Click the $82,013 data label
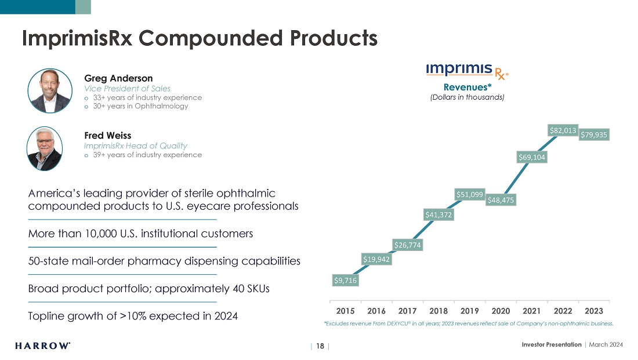click(563, 131)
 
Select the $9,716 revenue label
click(345, 281)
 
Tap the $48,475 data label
click(501, 200)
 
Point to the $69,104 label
click(532, 157)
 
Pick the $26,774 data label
click(408, 245)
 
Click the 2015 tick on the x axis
click(345, 311)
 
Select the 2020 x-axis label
click(501, 311)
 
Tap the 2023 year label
click(594, 311)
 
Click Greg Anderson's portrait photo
click(50, 91)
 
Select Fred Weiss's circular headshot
click(45, 148)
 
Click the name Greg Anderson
click(118, 78)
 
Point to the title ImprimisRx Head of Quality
click(136, 146)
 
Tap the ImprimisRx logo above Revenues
click(467, 71)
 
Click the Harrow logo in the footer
click(43, 346)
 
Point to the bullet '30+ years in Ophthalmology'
click(140, 106)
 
